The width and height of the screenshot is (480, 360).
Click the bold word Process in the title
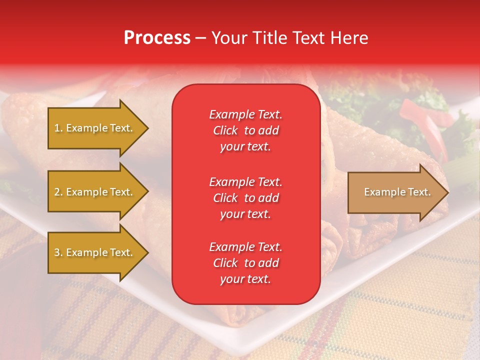[x=157, y=38]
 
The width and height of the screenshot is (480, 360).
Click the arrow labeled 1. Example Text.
[x=94, y=128]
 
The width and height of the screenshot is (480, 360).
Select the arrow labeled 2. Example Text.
[x=94, y=192]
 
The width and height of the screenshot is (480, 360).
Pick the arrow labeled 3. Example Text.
[x=94, y=252]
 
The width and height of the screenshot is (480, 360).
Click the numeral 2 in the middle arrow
[x=57, y=192]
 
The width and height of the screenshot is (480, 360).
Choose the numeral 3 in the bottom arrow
[x=57, y=252]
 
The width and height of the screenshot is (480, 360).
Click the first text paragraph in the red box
[x=245, y=130]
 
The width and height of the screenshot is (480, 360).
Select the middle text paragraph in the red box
[x=245, y=198]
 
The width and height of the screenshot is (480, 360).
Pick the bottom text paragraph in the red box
[x=245, y=263]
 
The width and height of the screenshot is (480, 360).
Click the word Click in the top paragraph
[x=225, y=130]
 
